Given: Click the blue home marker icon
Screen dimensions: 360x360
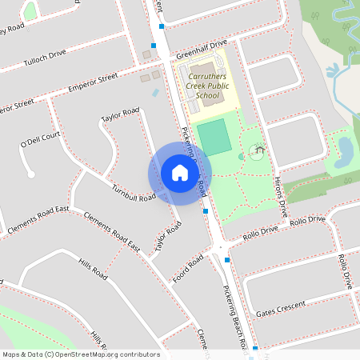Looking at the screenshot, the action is [179, 173].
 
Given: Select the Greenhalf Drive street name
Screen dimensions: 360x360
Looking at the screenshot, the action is [202, 46].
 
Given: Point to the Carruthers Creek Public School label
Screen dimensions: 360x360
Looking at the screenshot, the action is [207, 86].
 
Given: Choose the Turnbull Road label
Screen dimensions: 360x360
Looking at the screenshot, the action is [134, 193].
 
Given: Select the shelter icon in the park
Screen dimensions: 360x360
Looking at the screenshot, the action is [258, 150].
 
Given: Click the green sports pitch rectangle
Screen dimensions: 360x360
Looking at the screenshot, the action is [214, 137].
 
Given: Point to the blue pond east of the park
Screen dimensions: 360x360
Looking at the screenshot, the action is [346, 148].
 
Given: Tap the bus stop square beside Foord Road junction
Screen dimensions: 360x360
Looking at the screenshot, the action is [228, 260].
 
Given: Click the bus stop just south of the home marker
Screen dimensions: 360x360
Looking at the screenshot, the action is [206, 211].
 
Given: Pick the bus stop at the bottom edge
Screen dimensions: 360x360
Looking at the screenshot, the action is [255, 349].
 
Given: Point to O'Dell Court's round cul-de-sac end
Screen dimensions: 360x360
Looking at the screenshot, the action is [30, 174].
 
